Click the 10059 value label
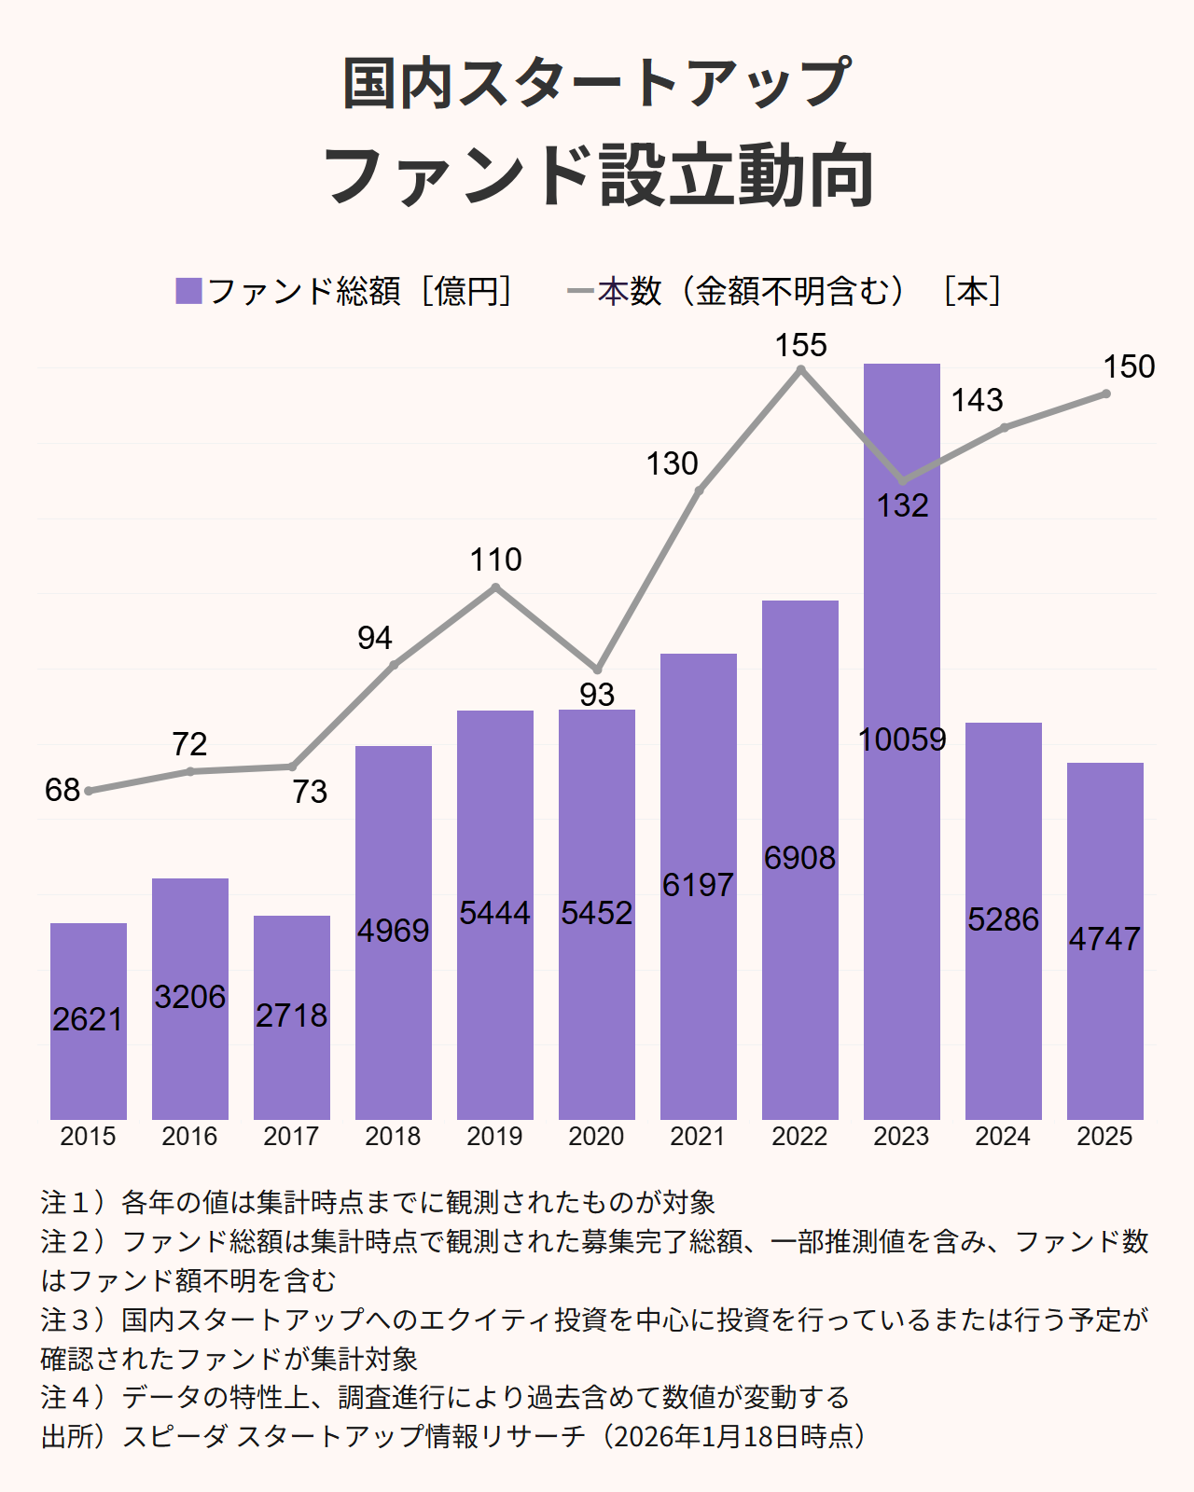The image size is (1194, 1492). pyautogui.click(x=901, y=739)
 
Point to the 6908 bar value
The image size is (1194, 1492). pyautogui.click(x=799, y=858)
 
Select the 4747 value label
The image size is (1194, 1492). pyautogui.click(x=1104, y=939)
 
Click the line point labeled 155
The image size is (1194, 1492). pyautogui.click(x=800, y=370)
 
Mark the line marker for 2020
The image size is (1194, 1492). pyautogui.click(x=597, y=670)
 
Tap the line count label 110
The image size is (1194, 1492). pyautogui.click(x=495, y=559)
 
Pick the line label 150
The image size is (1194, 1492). pyautogui.click(x=1129, y=366)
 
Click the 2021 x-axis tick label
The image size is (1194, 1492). pyautogui.click(x=698, y=1137)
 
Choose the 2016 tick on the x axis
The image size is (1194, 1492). pyautogui.click(x=189, y=1137)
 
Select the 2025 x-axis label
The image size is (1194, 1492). pyautogui.click(x=1104, y=1137)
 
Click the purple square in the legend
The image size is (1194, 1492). pyautogui.click(x=188, y=291)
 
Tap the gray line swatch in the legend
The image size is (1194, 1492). pyautogui.click(x=580, y=292)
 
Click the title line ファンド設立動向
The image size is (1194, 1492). pyautogui.click(x=597, y=175)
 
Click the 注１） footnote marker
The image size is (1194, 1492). pyautogui.click(x=75, y=1203)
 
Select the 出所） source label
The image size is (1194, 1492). pyautogui.click(x=75, y=1436)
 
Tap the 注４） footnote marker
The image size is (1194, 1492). pyautogui.click(x=75, y=1398)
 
